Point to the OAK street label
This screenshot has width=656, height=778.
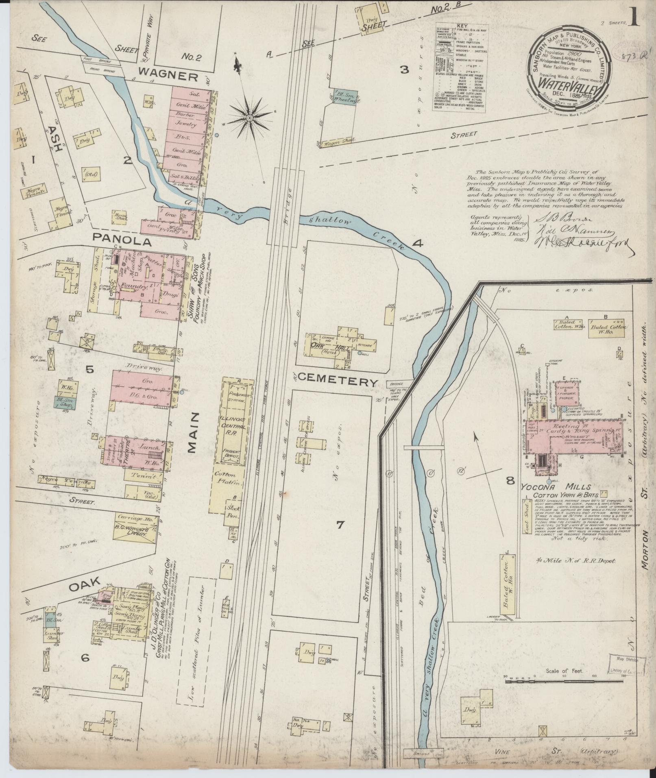84,586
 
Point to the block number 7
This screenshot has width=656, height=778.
340,525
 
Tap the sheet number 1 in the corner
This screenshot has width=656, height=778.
635,17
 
